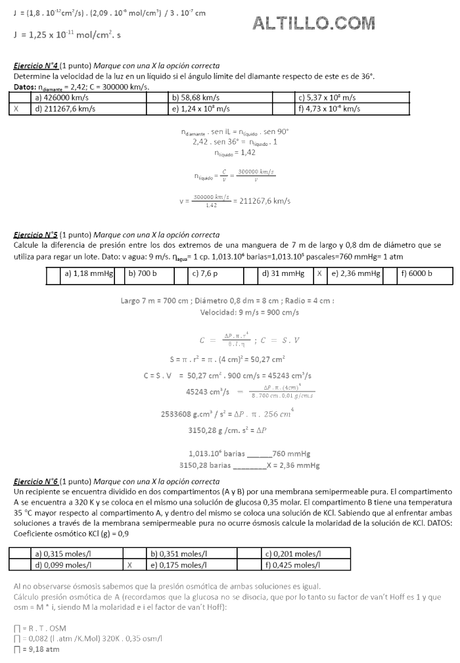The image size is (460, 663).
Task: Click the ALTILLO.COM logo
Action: [314, 24]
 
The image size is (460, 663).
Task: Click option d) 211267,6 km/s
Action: [65, 109]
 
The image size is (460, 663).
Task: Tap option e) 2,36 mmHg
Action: [356, 273]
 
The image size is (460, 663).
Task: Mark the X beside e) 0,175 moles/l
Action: [130, 564]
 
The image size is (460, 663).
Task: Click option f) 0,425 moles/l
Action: [293, 564]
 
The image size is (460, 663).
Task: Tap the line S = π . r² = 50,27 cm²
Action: [227, 359]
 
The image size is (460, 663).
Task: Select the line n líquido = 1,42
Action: [235, 152]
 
